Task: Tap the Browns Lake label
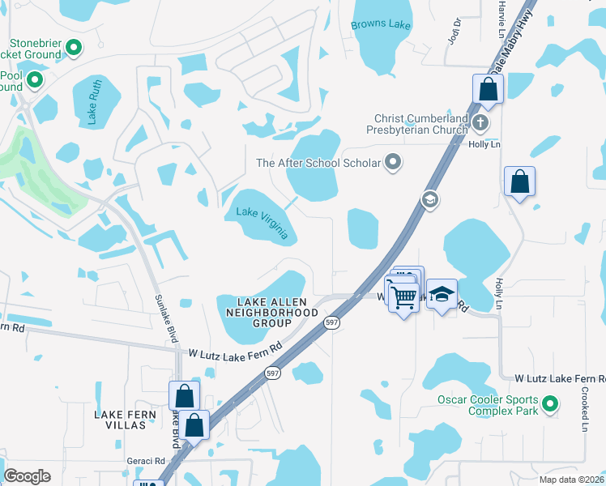point(381,25)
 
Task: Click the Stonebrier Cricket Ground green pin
point(74,48)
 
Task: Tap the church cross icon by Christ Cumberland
point(480,123)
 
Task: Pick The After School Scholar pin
point(394,163)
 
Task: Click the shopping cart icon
point(403,296)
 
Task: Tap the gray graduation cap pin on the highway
point(429,199)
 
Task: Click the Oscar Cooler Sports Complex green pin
point(550,403)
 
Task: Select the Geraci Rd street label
point(145,460)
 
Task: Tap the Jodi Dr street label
point(453,32)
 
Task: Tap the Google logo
point(28,475)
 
